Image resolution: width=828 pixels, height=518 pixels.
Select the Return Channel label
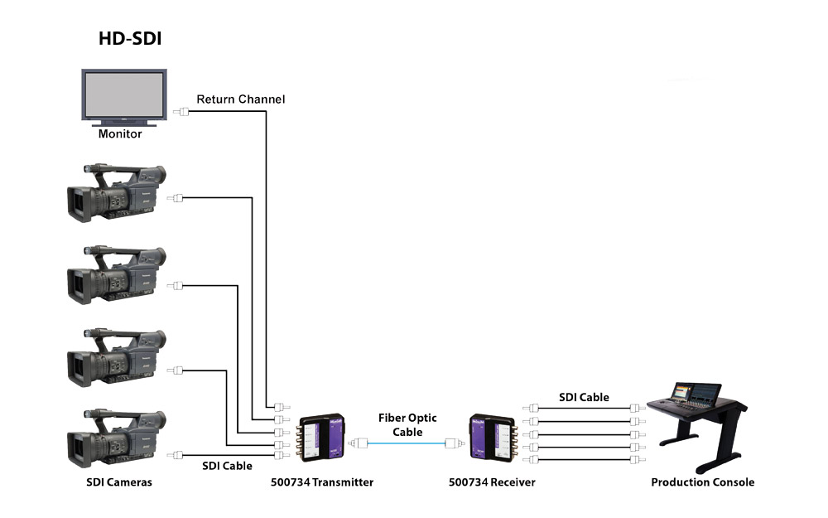point(240,99)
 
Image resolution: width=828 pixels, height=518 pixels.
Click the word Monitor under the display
point(120,133)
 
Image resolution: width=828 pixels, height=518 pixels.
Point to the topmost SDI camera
point(117,195)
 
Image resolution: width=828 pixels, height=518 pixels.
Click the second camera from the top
point(117,275)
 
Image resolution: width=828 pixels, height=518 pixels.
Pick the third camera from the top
point(117,358)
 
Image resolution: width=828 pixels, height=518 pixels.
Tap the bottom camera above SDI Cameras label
point(117,439)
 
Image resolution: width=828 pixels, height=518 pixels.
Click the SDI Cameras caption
point(119,482)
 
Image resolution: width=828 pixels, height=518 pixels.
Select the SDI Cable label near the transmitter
point(227,466)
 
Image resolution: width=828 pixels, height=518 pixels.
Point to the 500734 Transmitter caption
point(322,482)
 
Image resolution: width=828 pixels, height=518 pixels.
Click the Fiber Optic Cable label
point(407,425)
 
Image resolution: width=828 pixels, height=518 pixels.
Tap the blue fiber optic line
point(407,443)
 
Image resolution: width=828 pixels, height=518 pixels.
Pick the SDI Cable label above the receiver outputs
point(584,398)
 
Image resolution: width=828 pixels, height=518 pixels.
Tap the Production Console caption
point(702,482)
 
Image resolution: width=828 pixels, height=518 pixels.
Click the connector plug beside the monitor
point(181,110)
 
